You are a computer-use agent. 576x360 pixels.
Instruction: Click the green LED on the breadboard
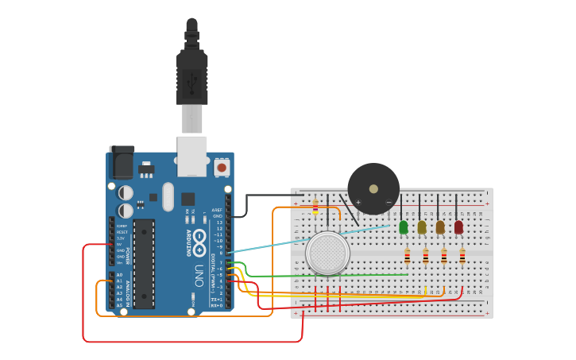[404, 227]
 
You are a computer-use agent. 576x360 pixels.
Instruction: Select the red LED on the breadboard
[458, 227]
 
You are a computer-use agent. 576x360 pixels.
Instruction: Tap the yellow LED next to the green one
[422, 227]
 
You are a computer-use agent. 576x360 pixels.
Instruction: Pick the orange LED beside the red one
[440, 227]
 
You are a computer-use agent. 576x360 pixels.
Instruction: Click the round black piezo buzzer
[373, 188]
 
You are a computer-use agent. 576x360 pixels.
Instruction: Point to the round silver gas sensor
[327, 253]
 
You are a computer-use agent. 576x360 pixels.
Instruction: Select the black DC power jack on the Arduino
[122, 163]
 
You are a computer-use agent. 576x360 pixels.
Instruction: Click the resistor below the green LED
[408, 256]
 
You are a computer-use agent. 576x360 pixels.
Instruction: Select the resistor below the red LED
[462, 256]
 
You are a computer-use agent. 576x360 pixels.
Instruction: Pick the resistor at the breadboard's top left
[315, 207]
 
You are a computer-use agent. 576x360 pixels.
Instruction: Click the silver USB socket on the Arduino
[191, 156]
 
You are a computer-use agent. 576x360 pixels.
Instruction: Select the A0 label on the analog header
[119, 275]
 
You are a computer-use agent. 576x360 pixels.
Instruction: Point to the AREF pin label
[217, 210]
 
